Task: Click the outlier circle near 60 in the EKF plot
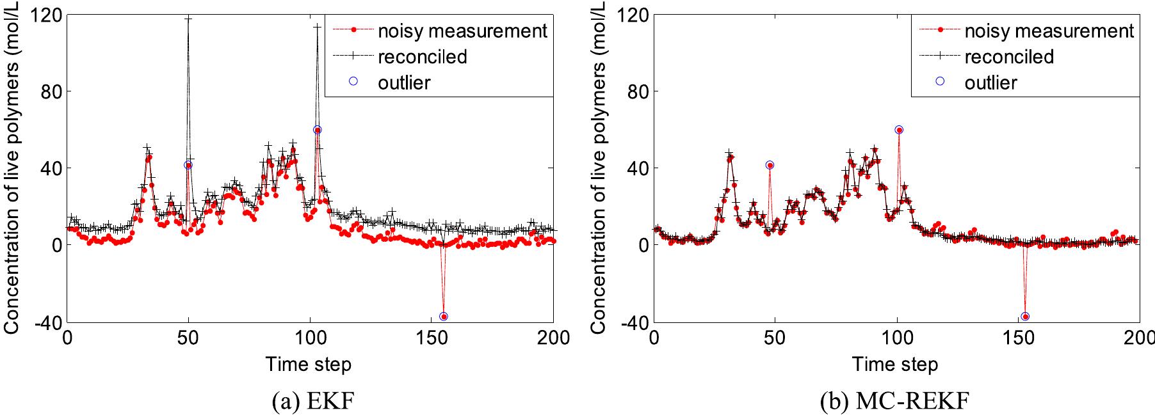pyautogui.click(x=317, y=130)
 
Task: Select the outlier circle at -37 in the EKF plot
pyautogui.click(x=444, y=317)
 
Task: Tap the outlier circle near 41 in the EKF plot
pyautogui.click(x=188, y=165)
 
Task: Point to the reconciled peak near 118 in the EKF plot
pyautogui.click(x=188, y=19)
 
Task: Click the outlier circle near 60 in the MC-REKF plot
pyautogui.click(x=899, y=130)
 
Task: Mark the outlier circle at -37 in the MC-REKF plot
pyautogui.click(x=1025, y=317)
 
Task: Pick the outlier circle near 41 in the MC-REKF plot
pyautogui.click(x=770, y=165)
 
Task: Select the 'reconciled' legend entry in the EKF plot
pyautogui.click(x=422, y=56)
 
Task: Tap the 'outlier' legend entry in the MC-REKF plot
pyautogui.click(x=990, y=83)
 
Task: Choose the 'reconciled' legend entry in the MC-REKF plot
pyautogui.click(x=1008, y=56)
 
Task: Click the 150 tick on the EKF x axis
pyautogui.click(x=432, y=337)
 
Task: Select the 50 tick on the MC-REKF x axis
pyautogui.click(x=775, y=337)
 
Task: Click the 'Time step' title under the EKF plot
pyautogui.click(x=309, y=365)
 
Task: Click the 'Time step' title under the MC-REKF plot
pyautogui.click(x=895, y=365)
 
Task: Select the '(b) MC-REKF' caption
pyautogui.click(x=894, y=401)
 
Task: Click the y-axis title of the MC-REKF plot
pyautogui.click(x=598, y=168)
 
